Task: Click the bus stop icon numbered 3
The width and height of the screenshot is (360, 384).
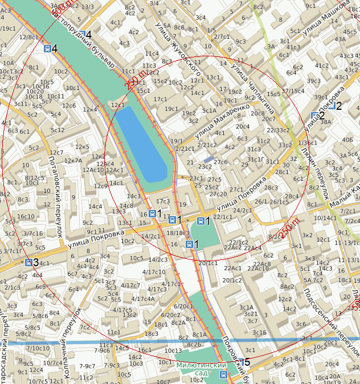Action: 28,262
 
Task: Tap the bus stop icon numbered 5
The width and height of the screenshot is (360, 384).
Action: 241,362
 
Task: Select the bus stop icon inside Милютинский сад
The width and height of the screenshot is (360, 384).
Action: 223,375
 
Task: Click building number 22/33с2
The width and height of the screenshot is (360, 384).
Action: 279,130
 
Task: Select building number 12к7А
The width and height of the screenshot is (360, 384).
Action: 73,160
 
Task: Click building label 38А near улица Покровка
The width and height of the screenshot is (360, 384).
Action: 325,121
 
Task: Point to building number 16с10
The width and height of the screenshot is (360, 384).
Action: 26,216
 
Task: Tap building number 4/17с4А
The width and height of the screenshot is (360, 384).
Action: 143,299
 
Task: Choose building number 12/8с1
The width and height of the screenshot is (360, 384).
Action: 28,37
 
